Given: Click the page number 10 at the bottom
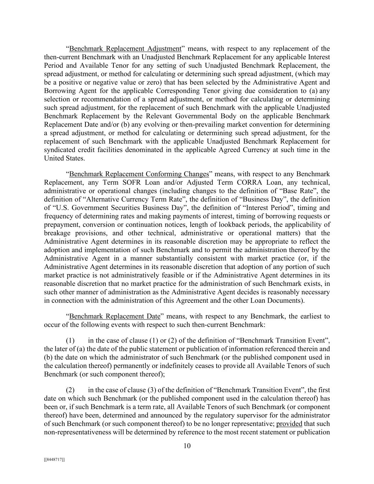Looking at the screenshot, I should pyautogui.click(x=187, y=446).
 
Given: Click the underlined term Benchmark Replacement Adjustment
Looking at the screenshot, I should pyautogui.click(x=125, y=49).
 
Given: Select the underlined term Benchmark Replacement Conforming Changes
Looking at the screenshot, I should pyautogui.click(x=139, y=174).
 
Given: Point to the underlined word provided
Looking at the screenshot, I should pyautogui.click(x=289, y=424).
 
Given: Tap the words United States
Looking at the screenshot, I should pyautogui.click(x=64, y=158).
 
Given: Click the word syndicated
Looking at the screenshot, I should pyautogui.click(x=60, y=150).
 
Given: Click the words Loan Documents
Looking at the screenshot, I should pyautogui.click(x=277, y=301).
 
